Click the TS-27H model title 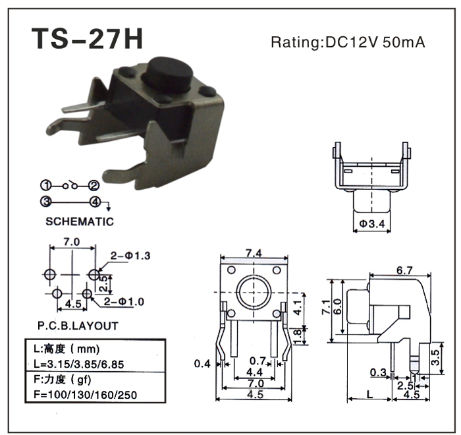pos(87,39)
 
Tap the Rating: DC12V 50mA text pos(348,43)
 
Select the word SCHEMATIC pos(80,221)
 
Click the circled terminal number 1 pos(47,185)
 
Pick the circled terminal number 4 pos(95,202)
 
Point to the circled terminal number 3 pos(47,202)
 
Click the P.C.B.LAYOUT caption pos(78,326)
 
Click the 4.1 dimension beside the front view pos(297,306)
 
